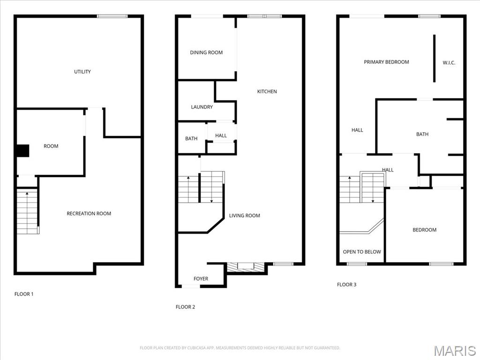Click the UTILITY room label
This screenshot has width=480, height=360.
82,72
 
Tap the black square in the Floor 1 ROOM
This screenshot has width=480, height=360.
22,151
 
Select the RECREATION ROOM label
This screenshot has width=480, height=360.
89,214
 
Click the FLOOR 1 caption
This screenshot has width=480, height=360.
24,294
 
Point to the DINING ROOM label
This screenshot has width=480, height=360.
206,52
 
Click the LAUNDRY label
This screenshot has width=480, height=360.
202,107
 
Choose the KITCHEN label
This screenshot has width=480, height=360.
267,91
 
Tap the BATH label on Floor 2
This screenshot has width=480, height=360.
191,139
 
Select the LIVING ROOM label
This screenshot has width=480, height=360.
244,216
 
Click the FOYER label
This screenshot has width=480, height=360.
201,279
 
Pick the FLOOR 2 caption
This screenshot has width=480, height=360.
185,307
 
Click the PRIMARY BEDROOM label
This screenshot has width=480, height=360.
386,62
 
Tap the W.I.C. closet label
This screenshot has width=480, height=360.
449,63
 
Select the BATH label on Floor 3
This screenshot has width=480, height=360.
422,135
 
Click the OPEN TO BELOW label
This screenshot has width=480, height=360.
362,252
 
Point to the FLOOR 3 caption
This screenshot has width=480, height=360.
346,285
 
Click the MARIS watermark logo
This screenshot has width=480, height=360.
455,351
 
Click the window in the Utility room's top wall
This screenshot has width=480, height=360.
112,16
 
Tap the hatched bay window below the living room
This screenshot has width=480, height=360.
245,267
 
